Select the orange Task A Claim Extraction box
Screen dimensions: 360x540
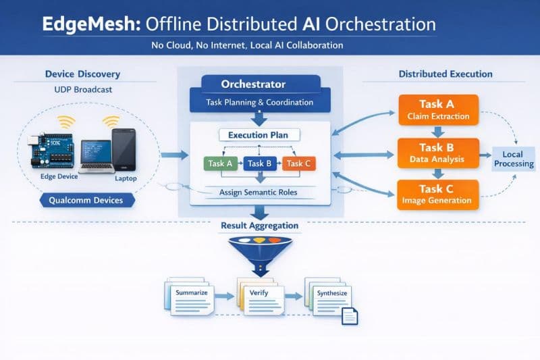[x=438, y=110]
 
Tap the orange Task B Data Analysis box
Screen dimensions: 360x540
[x=438, y=153]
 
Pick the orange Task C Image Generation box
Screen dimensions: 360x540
[x=438, y=194]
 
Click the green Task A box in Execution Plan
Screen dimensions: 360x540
[x=220, y=163]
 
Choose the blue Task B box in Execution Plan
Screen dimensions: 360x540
[x=259, y=163]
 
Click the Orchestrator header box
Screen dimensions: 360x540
[x=253, y=85]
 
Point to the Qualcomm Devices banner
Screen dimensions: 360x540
[x=87, y=201]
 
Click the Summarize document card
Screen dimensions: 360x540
[x=190, y=294]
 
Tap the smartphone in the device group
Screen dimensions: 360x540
[x=124, y=149]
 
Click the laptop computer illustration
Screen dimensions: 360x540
[x=97, y=157]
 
